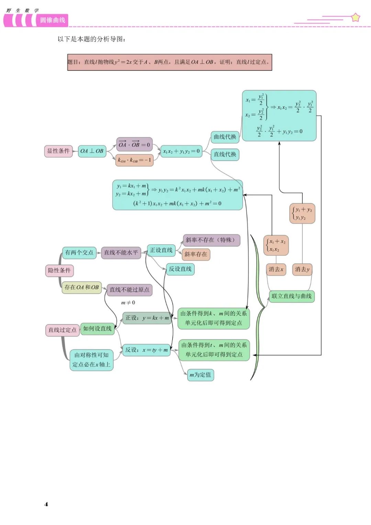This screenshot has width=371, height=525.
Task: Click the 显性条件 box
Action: (x=58, y=151)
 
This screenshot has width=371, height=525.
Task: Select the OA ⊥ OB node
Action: (x=92, y=151)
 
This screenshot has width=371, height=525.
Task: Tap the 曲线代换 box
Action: (x=225, y=137)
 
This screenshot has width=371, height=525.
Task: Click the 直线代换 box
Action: (x=225, y=154)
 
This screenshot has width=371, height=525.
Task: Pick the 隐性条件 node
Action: (x=59, y=271)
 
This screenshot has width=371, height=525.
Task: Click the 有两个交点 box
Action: (x=79, y=253)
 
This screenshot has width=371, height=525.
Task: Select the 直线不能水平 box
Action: (x=121, y=253)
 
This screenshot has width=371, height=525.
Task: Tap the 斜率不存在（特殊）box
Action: (x=211, y=240)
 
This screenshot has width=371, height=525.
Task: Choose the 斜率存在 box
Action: (x=196, y=254)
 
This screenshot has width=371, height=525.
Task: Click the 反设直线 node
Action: (x=180, y=269)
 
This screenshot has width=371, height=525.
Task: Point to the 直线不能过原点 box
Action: (x=129, y=290)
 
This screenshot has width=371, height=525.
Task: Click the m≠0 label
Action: (x=128, y=303)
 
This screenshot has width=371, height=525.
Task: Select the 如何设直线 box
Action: (x=97, y=329)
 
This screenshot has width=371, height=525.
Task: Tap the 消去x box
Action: (x=276, y=269)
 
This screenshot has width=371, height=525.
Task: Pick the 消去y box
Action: (x=302, y=269)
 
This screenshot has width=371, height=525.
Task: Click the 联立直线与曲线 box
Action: (x=291, y=296)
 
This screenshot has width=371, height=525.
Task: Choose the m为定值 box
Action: (x=200, y=375)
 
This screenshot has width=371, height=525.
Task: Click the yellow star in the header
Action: (x=356, y=17)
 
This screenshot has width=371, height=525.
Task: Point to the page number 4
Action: (x=46, y=504)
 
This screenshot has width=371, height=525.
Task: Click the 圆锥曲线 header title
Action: (x=53, y=20)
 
